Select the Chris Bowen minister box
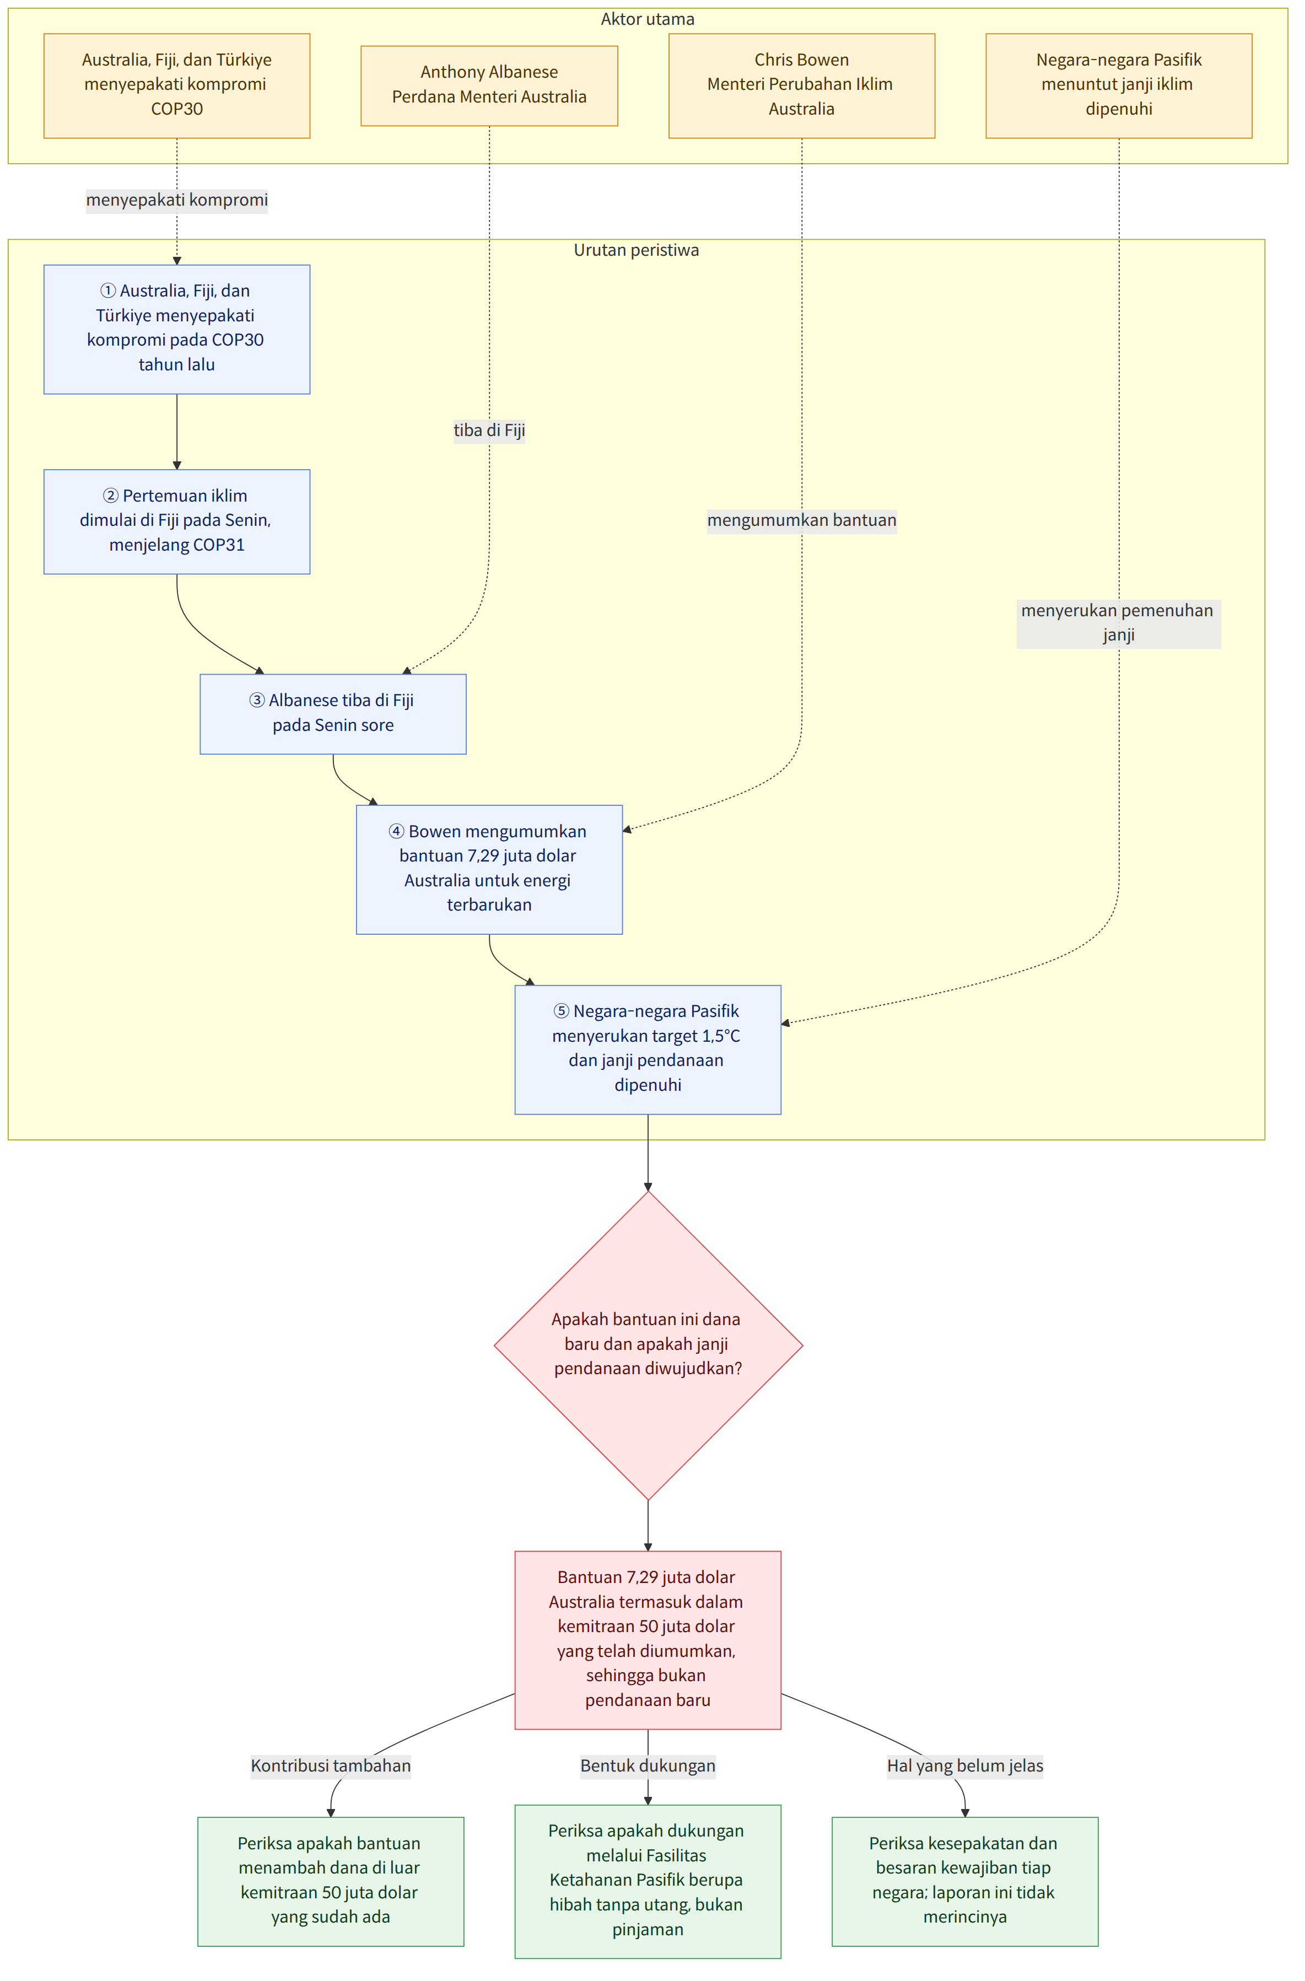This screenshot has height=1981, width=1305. click(x=801, y=86)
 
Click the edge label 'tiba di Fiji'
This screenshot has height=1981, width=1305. click(x=489, y=430)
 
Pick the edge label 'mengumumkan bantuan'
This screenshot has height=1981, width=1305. click(x=801, y=520)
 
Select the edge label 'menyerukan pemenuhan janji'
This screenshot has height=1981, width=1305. click(x=1119, y=623)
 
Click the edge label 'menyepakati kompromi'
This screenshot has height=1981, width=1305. click(x=177, y=200)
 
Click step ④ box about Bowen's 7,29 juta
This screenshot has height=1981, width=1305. click(x=489, y=869)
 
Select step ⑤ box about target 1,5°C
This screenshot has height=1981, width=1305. click(x=648, y=1049)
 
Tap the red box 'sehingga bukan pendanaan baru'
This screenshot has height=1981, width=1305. click(x=648, y=1640)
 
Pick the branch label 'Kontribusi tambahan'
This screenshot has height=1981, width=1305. click(x=331, y=1765)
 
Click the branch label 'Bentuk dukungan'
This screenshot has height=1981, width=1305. click(x=648, y=1765)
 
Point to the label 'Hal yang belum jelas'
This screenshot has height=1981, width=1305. click(x=964, y=1765)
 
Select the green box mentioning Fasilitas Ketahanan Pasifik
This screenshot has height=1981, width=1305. click(x=648, y=1881)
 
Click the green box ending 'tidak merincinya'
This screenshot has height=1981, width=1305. click(x=964, y=1881)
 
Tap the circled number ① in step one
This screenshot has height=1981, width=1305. click(x=108, y=290)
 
